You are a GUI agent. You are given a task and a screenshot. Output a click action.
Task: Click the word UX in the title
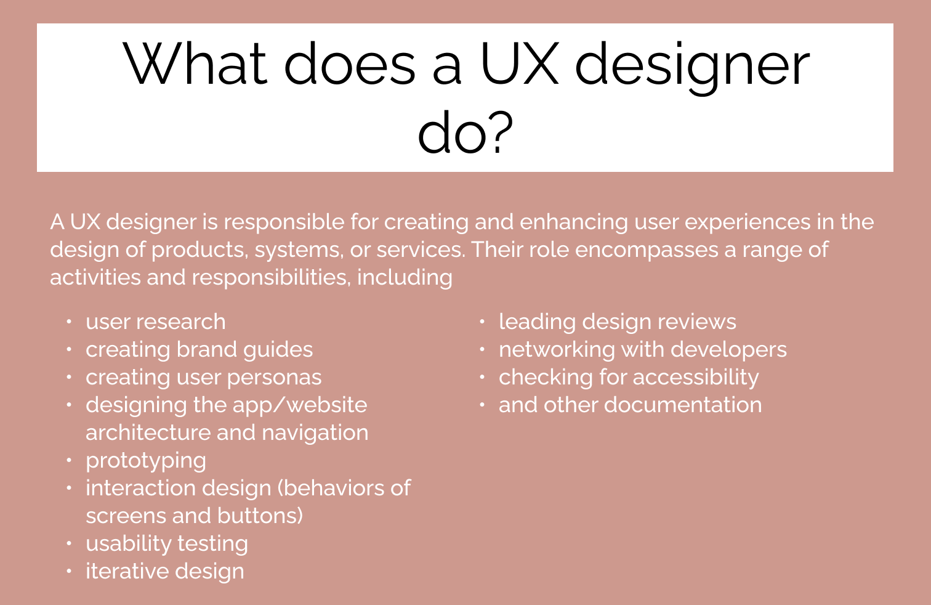coord(520,64)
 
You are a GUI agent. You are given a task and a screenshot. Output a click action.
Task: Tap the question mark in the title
coord(501,131)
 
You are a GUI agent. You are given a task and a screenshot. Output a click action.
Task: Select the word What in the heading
coord(195,64)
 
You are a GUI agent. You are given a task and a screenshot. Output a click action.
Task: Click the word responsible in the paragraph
coord(284,222)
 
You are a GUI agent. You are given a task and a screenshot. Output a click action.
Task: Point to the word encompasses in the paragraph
coord(647,250)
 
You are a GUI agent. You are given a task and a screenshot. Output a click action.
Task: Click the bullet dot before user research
coord(69,322)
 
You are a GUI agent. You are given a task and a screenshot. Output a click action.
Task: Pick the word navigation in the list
coord(315,433)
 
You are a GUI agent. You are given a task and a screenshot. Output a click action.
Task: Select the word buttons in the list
coord(260,516)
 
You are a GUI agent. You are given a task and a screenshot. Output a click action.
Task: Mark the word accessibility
coord(696,378)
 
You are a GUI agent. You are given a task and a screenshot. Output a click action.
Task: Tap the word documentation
coord(682,405)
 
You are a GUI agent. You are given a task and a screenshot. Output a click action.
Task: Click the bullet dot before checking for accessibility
coord(482,377)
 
